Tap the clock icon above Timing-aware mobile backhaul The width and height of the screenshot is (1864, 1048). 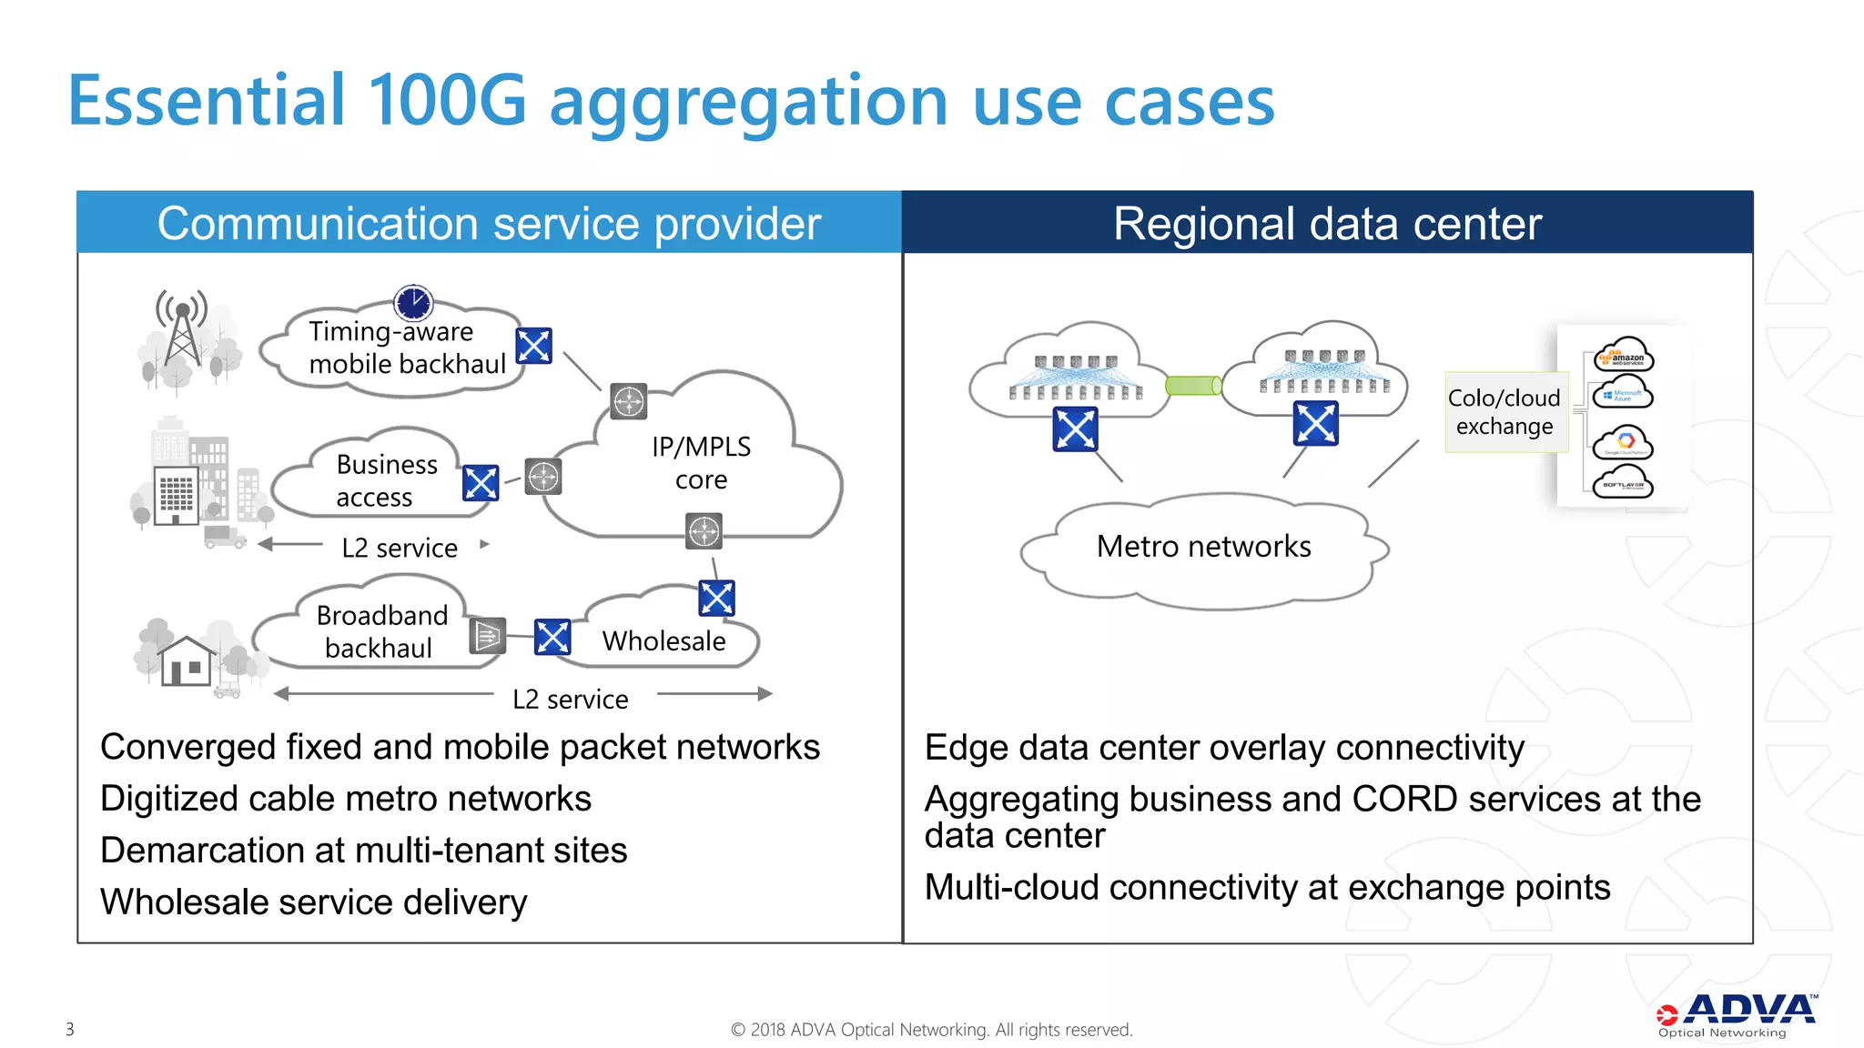[413, 302]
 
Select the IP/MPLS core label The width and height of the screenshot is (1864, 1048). [701, 462]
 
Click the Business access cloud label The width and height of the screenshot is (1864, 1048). [386, 480]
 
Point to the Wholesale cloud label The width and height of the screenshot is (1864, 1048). [664, 640]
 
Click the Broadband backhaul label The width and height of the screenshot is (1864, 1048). [381, 631]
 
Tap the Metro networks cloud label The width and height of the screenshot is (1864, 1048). [1203, 546]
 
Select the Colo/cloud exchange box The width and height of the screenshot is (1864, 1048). [1504, 412]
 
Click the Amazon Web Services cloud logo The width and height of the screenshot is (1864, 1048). [1624, 356]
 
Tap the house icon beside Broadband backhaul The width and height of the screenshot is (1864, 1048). [187, 660]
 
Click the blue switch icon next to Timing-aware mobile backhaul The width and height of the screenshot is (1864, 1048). [533, 346]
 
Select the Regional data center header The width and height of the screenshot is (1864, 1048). [1327, 223]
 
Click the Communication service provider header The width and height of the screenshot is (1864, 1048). [489, 223]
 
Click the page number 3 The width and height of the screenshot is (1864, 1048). [70, 1029]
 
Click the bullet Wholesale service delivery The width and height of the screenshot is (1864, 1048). [313, 902]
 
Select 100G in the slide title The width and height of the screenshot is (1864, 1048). [447, 100]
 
